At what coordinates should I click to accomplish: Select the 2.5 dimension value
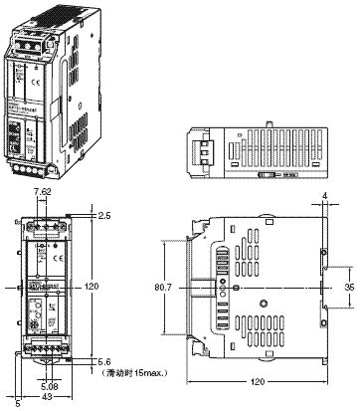pos(105,212)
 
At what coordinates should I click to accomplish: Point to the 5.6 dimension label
pos(105,363)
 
